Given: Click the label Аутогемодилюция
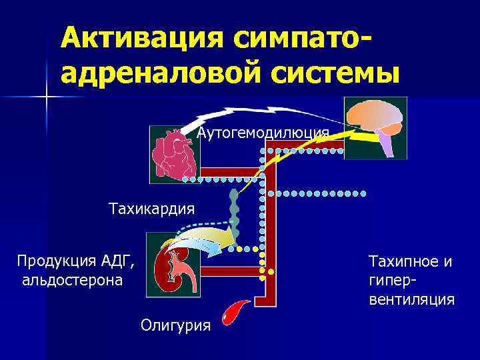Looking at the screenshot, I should (x=263, y=133).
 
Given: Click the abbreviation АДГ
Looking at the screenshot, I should (x=119, y=260).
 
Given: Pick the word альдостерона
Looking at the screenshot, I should (x=72, y=279).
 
